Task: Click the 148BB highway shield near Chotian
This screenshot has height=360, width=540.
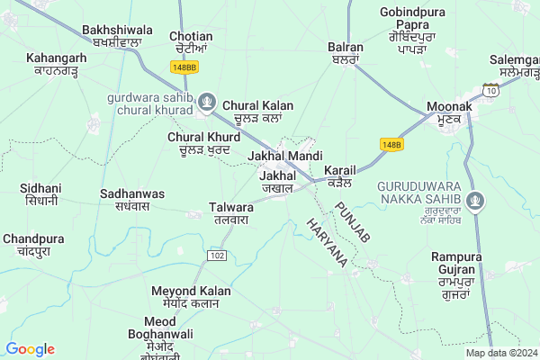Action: click(183, 67)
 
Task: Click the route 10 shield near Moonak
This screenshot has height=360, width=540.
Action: click(490, 91)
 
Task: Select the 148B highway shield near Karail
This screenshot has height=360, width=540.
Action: click(391, 144)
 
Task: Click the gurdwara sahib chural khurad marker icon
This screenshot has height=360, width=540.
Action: click(207, 101)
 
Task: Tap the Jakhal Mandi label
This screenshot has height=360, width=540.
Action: click(284, 156)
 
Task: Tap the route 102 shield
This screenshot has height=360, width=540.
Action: click(216, 256)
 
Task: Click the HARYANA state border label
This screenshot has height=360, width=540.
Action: click(327, 241)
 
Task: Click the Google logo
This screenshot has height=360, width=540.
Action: click(31, 349)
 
